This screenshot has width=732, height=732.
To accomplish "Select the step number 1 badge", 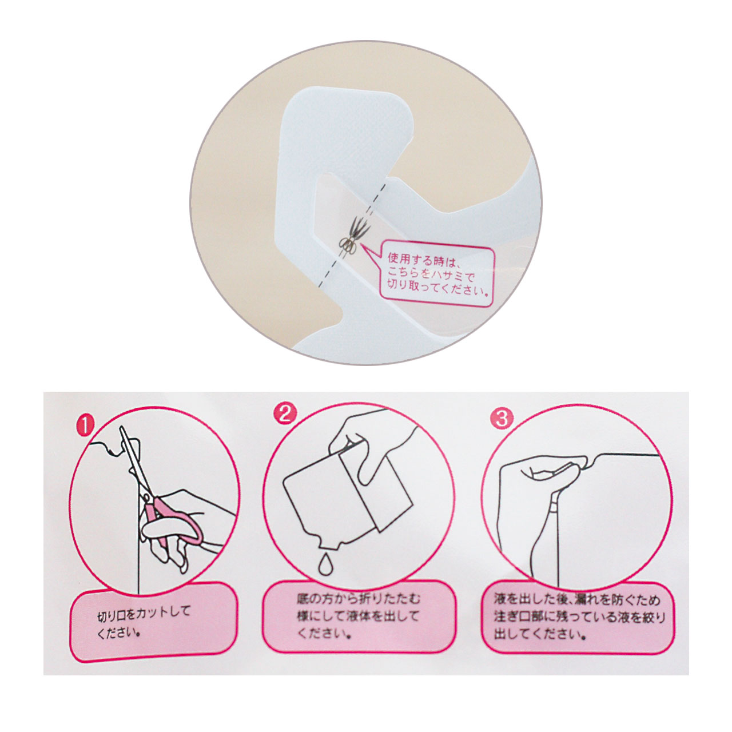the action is (85, 425).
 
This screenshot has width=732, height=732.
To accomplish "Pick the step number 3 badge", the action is (503, 419).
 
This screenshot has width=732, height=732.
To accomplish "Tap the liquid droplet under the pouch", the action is (324, 574).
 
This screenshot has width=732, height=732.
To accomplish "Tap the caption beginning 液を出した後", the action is (580, 621).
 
